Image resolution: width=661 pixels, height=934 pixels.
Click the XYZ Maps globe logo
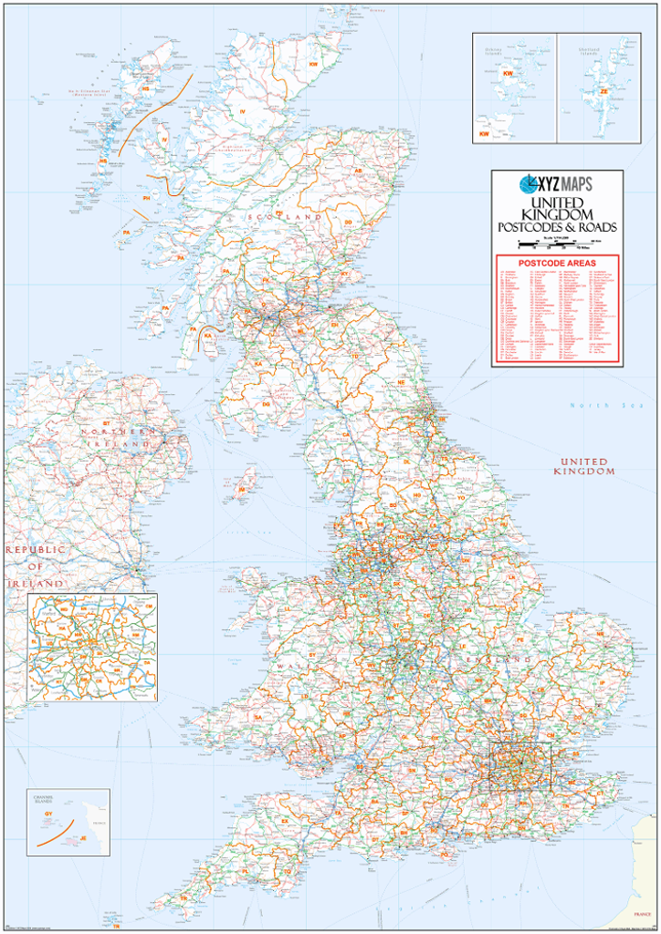pos(529,183)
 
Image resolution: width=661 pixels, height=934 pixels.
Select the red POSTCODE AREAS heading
pos(557,264)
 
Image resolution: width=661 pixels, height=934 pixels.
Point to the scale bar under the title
pos(557,244)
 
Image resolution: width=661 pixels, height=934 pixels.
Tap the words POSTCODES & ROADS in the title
pos(557,227)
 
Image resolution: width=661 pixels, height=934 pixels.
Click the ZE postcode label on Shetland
pos(603,91)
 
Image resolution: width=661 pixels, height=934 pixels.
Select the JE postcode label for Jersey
pos(83,837)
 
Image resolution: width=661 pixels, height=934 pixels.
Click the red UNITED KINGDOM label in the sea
pos(584,467)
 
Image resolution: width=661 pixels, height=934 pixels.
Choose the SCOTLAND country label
pos(283,218)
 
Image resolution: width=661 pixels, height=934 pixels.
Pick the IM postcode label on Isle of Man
pos(241,490)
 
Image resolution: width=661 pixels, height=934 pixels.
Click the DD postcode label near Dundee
pos(348,222)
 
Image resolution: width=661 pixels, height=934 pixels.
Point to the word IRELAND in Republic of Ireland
pos(37,583)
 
